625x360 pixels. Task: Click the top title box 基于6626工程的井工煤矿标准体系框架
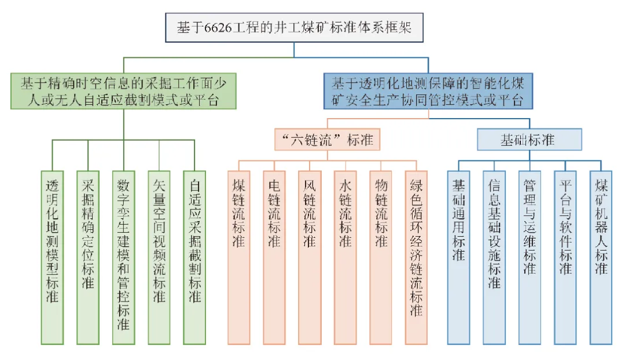coord(294,27)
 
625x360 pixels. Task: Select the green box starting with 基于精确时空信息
coord(124,91)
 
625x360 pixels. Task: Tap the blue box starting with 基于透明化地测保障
coord(428,91)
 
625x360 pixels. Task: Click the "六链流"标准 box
coord(327,140)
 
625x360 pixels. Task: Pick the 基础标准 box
coord(529,140)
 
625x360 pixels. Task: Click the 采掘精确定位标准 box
coord(88,257)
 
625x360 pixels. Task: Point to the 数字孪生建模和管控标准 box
coord(123,257)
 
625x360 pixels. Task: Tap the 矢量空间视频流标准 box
coord(159,257)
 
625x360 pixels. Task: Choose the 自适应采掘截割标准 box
coord(194,257)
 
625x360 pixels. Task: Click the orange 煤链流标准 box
coord(238,257)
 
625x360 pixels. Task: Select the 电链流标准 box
coord(274,257)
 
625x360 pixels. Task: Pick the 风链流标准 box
coord(310,257)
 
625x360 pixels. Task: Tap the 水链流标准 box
coord(345,257)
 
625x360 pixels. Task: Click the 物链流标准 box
coord(381,257)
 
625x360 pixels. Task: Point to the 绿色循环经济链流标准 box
coord(416,257)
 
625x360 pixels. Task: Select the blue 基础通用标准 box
coord(459,257)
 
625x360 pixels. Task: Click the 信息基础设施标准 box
coord(494,257)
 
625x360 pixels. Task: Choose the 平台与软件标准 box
coord(565,257)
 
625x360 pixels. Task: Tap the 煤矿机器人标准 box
coord(601,257)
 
